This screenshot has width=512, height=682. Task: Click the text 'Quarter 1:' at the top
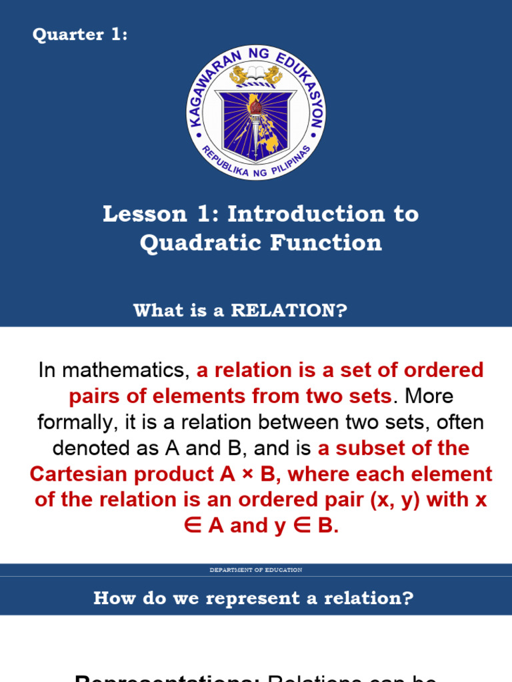tap(80, 35)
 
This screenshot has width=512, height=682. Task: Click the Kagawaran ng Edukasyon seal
tap(256, 113)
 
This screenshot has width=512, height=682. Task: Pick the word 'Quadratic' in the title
tap(201, 243)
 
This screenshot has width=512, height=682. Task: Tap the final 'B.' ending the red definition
tap(328, 526)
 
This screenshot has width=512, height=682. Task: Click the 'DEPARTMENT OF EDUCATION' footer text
tap(256, 570)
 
